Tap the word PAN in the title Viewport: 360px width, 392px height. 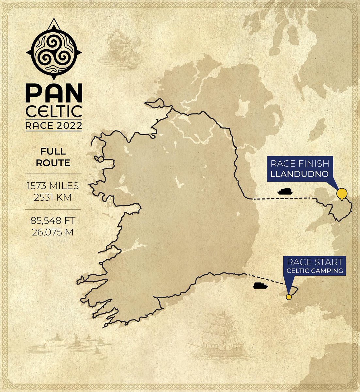pyautogui.click(x=54, y=94)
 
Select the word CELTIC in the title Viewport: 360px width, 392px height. pyautogui.click(x=54, y=112)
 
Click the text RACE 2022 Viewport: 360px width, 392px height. pyautogui.click(x=54, y=125)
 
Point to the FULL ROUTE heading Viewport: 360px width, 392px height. pyautogui.click(x=53, y=157)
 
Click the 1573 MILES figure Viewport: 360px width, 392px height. pyautogui.click(x=53, y=186)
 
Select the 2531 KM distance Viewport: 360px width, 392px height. pyautogui.click(x=53, y=197)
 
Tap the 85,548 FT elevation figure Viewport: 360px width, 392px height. pyautogui.click(x=53, y=221)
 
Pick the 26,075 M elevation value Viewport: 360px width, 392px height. pyautogui.click(x=53, y=232)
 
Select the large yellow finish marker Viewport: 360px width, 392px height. pyautogui.click(x=341, y=194)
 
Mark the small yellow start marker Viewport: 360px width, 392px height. pyautogui.click(x=289, y=297)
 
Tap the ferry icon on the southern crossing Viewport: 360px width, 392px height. pyautogui.click(x=260, y=286)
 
